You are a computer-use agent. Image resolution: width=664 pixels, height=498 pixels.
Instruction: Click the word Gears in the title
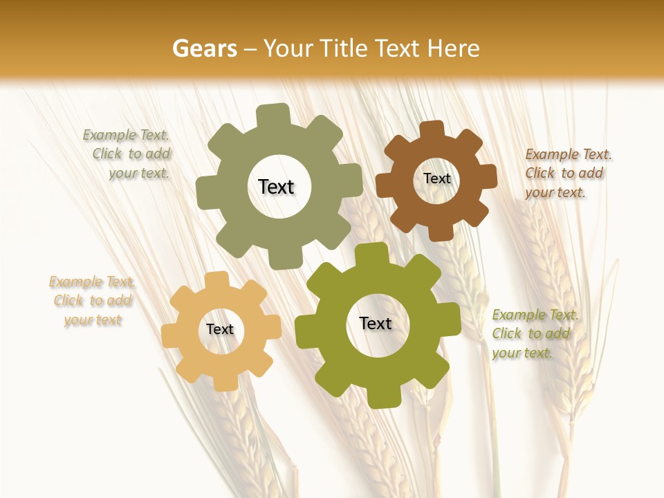tap(204, 48)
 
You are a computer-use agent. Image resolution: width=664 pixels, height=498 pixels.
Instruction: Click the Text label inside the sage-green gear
tap(276, 187)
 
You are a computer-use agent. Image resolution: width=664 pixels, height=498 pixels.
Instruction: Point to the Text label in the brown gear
tap(436, 178)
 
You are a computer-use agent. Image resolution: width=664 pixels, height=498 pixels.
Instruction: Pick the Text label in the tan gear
tap(220, 329)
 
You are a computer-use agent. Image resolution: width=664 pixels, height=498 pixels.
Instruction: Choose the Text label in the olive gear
tap(376, 323)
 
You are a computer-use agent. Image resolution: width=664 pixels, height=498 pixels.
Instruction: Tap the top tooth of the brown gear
tap(432, 129)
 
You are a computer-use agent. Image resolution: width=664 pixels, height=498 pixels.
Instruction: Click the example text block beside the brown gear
tap(568, 173)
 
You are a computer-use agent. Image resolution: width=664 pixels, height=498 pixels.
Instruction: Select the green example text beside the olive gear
tap(535, 334)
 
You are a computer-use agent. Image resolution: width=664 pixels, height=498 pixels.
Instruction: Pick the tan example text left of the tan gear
tap(92, 301)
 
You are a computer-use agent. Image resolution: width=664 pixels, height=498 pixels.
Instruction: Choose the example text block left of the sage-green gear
tap(127, 154)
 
